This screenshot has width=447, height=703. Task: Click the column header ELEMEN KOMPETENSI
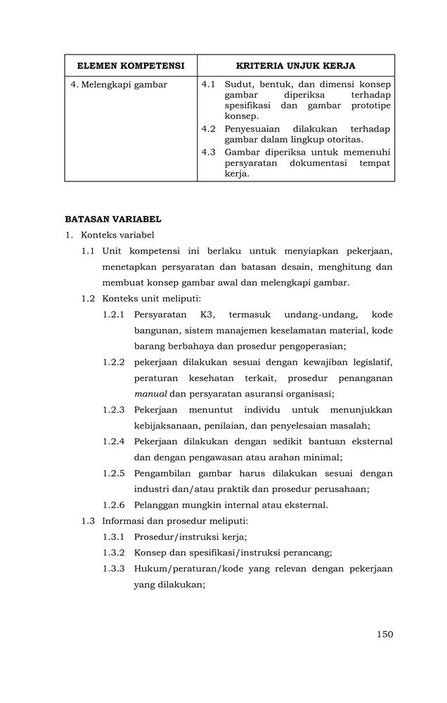coord(131,65)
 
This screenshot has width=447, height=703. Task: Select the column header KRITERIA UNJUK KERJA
coord(295,65)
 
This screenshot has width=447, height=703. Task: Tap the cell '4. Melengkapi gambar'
coord(113,84)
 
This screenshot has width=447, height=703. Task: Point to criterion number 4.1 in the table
coord(208,84)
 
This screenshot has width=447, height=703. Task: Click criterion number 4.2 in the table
coord(208,129)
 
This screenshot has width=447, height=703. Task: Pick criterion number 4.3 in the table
coord(208,152)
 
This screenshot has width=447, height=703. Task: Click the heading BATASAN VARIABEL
coord(113,219)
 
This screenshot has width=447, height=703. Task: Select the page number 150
coord(384,634)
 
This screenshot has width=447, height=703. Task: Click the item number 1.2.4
coord(113,441)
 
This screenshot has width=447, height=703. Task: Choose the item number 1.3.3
coord(113,568)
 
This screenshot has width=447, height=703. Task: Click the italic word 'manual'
coord(150,394)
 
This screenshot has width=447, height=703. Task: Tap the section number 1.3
coord(87,521)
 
